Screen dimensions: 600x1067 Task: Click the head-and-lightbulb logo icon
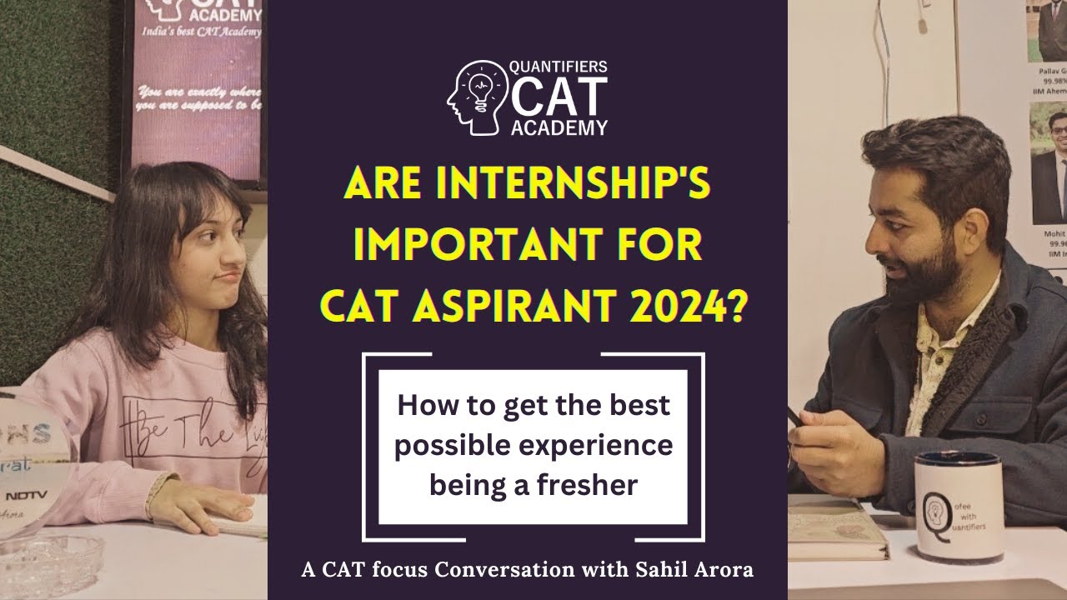tap(478, 97)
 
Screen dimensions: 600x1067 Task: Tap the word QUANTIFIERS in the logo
tap(559, 67)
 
